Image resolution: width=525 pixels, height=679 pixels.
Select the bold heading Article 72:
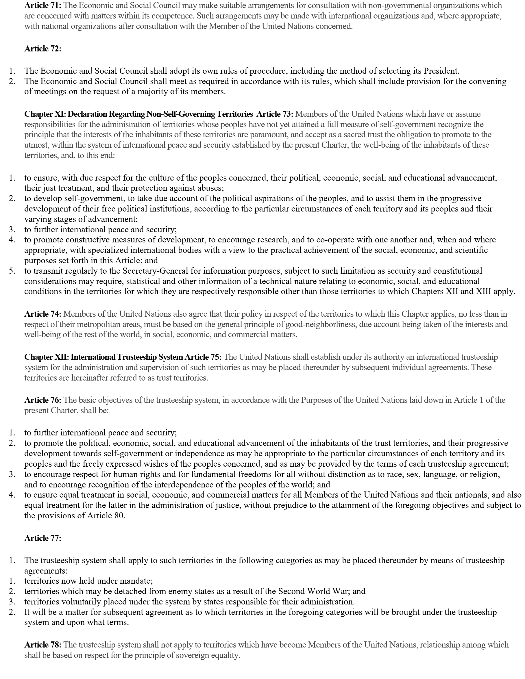[43, 49]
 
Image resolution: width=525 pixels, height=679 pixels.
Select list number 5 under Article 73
[12, 271]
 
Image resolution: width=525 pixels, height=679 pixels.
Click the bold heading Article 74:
[43, 314]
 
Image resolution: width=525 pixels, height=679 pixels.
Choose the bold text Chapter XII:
[47, 357]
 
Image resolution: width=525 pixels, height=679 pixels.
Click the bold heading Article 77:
[43, 538]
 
